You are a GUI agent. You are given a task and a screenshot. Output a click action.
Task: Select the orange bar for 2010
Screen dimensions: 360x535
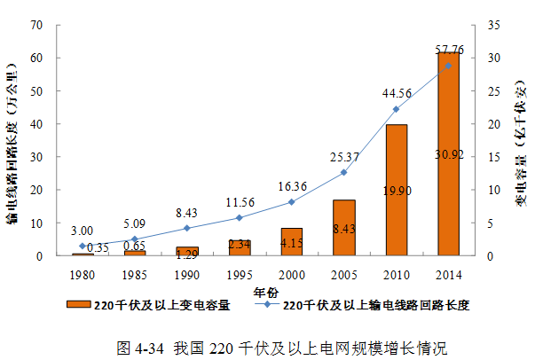coord(396,190)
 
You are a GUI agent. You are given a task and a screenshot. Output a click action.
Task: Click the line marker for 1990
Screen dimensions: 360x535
coord(186,228)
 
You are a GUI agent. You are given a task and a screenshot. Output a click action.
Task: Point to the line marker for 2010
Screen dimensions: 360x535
coord(396,109)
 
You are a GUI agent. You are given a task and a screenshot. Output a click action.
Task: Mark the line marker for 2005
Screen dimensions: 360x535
coord(343,172)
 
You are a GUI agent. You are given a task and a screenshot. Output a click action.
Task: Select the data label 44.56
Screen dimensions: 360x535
coord(397,92)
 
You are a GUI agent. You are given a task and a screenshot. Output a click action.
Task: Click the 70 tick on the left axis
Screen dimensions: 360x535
coord(35,24)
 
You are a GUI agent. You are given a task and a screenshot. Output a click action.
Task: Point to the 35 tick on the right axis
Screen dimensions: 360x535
coord(492,24)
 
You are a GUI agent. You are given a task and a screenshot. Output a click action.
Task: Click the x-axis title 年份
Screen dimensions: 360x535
coord(265,290)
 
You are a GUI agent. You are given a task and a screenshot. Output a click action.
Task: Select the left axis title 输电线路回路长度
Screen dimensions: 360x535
coord(13,142)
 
